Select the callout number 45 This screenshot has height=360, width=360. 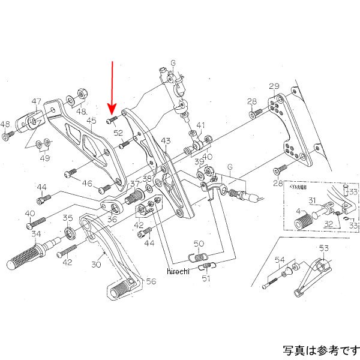click(x=91, y=121)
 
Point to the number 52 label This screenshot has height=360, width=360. click(x=118, y=133)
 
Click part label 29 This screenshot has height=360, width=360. click(x=274, y=86)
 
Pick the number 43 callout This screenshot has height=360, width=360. click(x=166, y=140)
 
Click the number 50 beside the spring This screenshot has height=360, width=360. click(x=199, y=244)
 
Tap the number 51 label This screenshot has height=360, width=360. click(x=206, y=278)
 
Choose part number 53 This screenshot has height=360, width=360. click(x=324, y=248)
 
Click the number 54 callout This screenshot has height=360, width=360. click(x=280, y=259)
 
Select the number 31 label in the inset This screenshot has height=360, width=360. click(x=312, y=200)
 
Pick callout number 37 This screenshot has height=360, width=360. click(x=135, y=184)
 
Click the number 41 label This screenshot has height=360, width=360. click(x=200, y=126)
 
